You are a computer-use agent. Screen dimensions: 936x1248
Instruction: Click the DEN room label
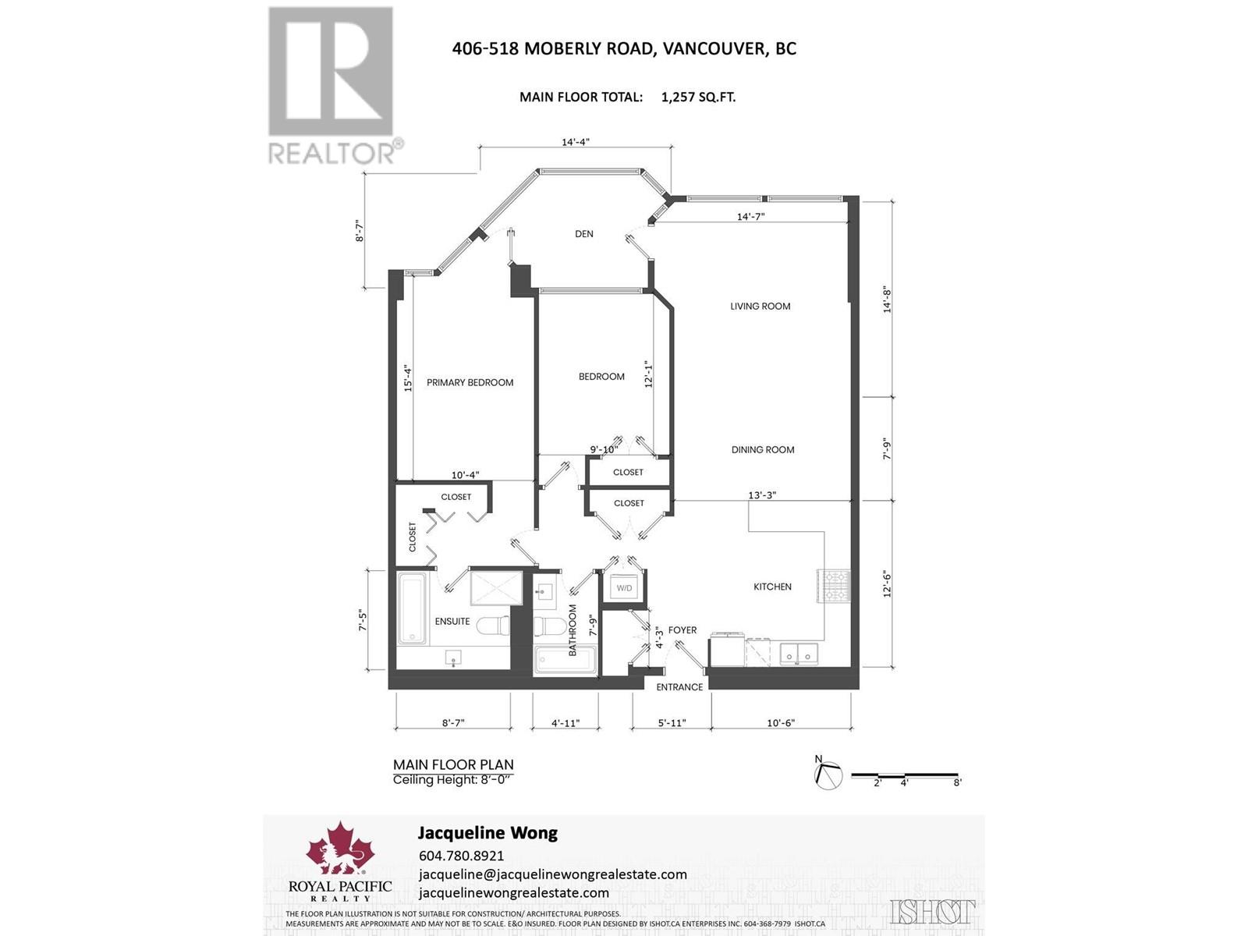[583, 234]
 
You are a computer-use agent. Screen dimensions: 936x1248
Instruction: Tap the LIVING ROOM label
[760, 307]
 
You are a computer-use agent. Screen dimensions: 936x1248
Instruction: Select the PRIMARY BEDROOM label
[470, 383]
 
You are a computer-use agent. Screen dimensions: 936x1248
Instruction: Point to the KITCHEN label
[772, 587]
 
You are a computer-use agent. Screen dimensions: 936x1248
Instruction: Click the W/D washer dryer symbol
[624, 588]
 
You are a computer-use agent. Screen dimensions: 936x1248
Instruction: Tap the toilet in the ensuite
[492, 626]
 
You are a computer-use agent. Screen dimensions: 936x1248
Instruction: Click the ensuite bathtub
[412, 608]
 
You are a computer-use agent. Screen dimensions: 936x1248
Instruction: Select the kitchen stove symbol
[827, 586]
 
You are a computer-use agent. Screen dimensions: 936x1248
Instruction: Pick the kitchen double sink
[797, 654]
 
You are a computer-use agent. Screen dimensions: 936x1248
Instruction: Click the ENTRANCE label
[679, 687]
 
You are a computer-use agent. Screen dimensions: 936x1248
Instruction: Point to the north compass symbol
[828, 775]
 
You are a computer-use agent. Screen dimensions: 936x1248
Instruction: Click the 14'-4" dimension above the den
[576, 143]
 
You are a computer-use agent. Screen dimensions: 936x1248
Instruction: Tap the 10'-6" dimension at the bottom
[780, 723]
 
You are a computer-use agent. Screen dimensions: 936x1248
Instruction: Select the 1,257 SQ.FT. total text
[698, 97]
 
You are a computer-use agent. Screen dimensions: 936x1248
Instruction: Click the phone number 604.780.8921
[461, 856]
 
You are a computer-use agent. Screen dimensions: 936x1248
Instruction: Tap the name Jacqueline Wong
[487, 833]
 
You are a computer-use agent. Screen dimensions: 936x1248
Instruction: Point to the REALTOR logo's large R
[331, 73]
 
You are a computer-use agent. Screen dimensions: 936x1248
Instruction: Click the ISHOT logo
[932, 911]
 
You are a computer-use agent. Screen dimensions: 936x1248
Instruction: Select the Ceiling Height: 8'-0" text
[453, 780]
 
